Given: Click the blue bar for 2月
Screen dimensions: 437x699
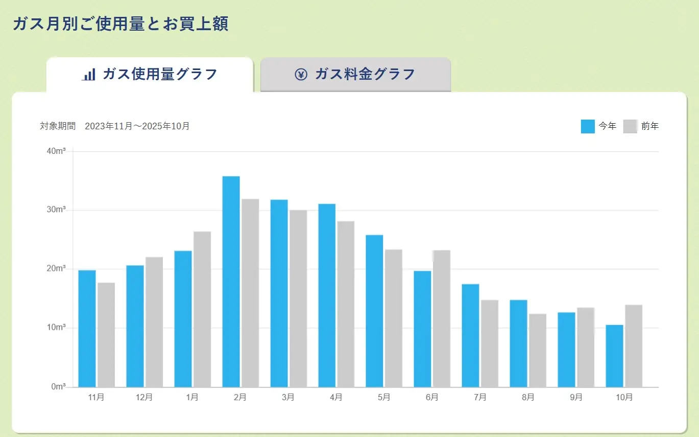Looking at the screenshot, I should [231, 281].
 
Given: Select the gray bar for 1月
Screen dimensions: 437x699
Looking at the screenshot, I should [202, 309].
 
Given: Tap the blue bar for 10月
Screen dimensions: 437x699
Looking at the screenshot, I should [614, 356].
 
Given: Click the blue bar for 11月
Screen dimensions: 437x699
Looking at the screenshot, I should [87, 328].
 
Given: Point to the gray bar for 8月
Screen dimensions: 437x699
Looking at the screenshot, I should [538, 350].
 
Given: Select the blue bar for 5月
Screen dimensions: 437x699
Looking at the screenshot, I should [374, 311].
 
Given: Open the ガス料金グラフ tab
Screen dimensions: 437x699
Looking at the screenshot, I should [355, 75].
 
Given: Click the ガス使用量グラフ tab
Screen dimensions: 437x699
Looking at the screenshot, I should [150, 75].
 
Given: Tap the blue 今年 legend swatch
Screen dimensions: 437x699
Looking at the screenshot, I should [588, 126].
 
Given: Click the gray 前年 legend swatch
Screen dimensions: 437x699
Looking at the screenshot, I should [631, 126].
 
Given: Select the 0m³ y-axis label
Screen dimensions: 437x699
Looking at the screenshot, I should [58, 387].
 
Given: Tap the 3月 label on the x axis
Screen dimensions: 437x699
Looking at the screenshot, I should [287, 398].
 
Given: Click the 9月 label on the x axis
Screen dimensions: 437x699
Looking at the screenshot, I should [575, 398].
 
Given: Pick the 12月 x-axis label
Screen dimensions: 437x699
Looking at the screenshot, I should [143, 398].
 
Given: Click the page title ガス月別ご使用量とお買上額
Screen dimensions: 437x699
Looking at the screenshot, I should [120, 24].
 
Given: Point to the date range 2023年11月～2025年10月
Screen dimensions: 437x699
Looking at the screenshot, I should [137, 126].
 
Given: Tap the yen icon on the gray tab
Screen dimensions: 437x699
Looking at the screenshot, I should [301, 75].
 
